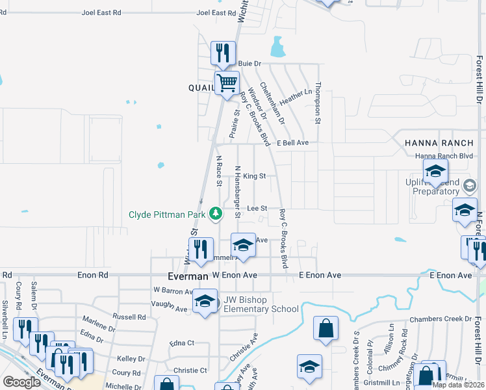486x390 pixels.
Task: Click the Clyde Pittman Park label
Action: click(167, 214)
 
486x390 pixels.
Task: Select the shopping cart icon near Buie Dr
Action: click(227, 84)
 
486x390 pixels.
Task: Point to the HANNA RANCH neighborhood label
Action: click(433, 142)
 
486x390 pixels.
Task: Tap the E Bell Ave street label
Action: click(292, 142)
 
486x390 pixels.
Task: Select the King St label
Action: click(255, 175)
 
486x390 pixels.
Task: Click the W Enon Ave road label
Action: click(235, 276)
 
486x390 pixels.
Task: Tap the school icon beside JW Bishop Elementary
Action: click(205, 301)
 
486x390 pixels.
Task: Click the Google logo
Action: click(21, 382)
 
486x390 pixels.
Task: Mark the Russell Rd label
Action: click(129, 317)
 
